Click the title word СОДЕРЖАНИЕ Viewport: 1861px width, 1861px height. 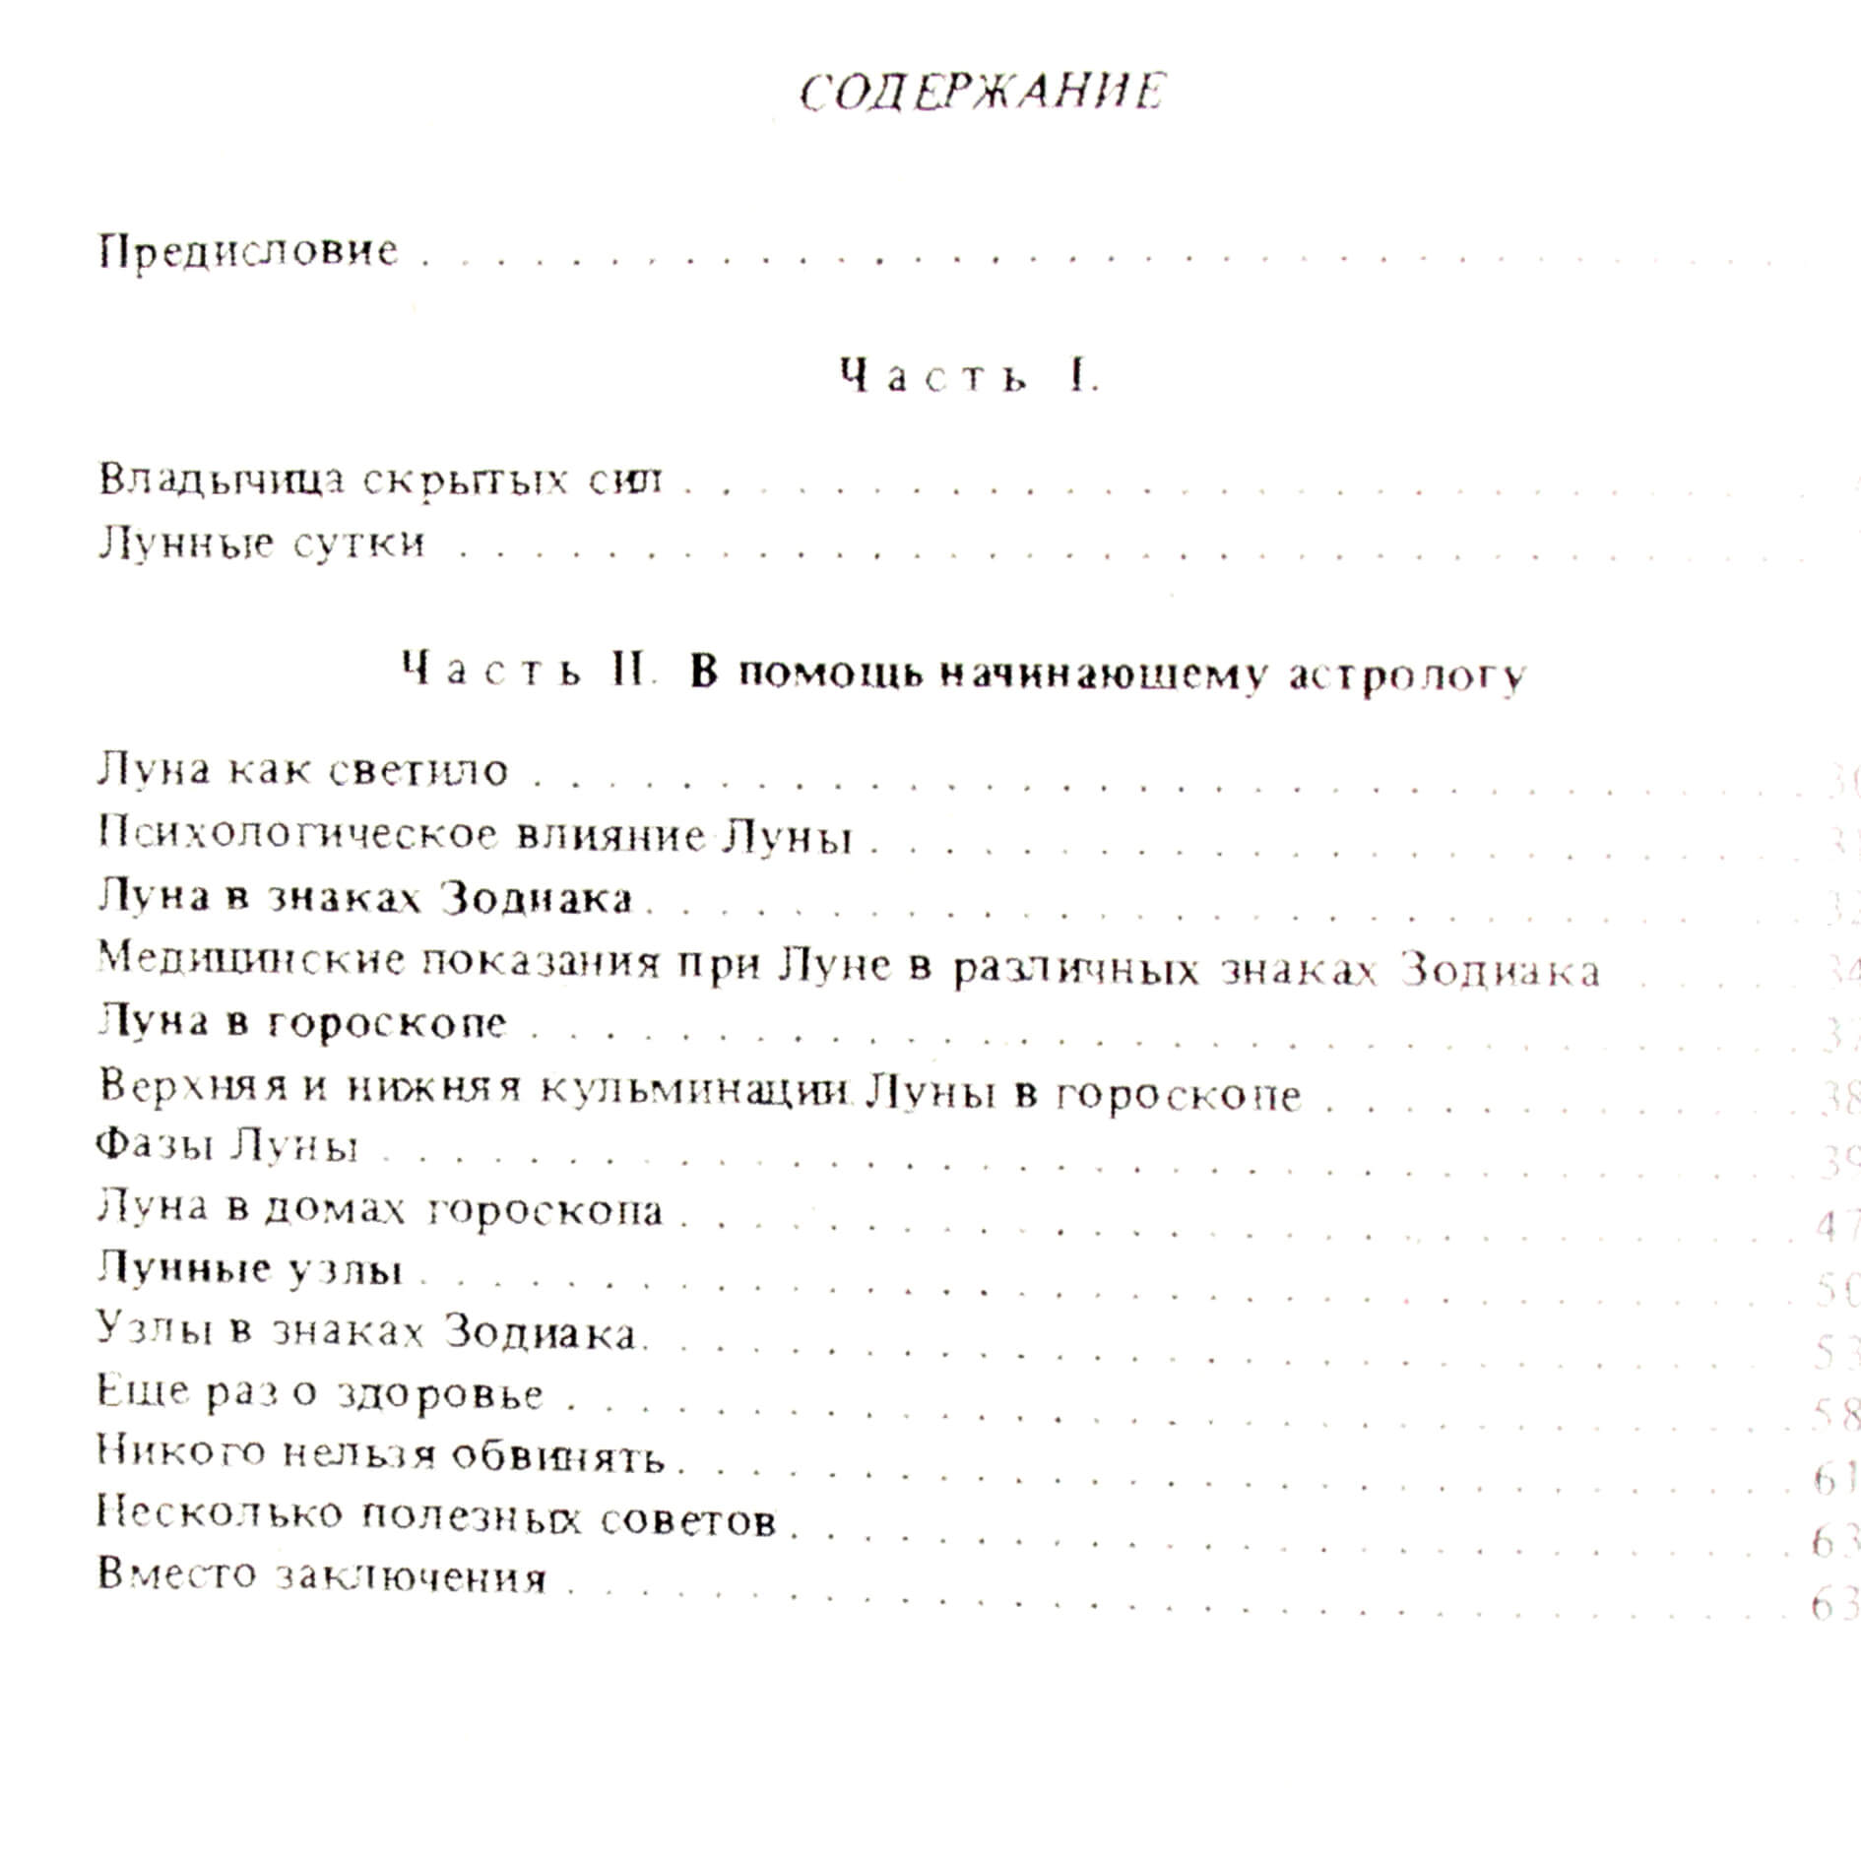[982, 93]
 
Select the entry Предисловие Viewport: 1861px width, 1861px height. [248, 252]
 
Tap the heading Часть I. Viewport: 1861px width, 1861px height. [969, 377]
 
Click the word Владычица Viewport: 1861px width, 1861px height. [222, 480]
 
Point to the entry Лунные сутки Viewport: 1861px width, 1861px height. [261, 543]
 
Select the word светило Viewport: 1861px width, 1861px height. [417, 771]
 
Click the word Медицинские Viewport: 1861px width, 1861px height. [251, 959]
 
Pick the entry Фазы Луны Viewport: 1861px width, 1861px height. [226, 1146]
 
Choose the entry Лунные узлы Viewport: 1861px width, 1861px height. [250, 1269]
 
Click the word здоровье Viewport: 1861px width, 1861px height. [439, 1395]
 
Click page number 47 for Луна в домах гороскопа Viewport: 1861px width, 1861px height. [1835, 1226]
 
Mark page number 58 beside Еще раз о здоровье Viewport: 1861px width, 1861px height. [1835, 1415]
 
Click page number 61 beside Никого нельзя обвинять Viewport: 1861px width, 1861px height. [1833, 1478]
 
